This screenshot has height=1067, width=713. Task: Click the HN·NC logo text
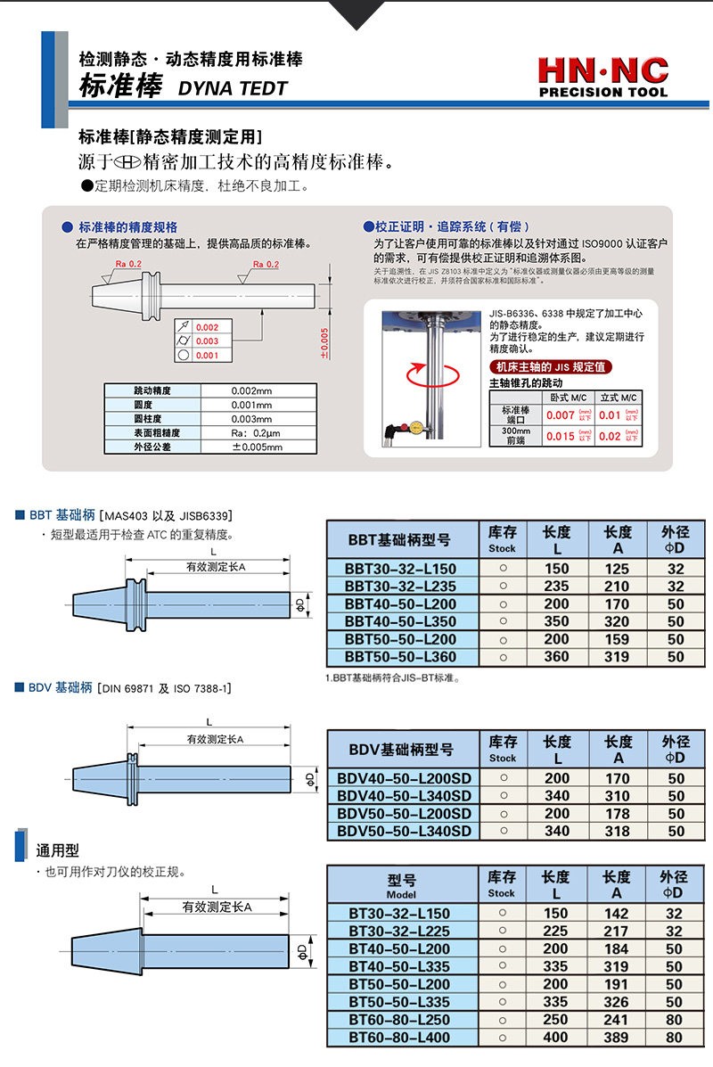[602, 70]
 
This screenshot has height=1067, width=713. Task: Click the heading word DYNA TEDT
[234, 88]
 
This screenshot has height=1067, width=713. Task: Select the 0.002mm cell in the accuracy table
[251, 390]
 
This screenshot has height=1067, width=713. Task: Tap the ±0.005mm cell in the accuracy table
[257, 447]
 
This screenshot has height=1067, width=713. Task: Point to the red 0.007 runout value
[560, 414]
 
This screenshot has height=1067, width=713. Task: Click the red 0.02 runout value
[611, 436]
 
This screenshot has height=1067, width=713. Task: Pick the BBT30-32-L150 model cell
[400, 569]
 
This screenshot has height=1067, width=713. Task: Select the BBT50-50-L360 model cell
[400, 657]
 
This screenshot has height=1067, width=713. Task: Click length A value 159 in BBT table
[617, 639]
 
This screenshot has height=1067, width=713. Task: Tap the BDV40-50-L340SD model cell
[404, 795]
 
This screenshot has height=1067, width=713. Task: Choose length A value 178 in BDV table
[617, 813]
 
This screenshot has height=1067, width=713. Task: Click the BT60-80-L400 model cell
[399, 1037]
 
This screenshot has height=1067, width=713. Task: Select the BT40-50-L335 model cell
[399, 966]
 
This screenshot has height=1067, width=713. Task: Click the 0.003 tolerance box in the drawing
[207, 341]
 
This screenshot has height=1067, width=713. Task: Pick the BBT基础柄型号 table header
[399, 539]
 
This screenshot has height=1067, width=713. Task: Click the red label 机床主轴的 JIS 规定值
[551, 367]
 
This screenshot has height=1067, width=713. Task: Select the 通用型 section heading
[58, 850]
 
